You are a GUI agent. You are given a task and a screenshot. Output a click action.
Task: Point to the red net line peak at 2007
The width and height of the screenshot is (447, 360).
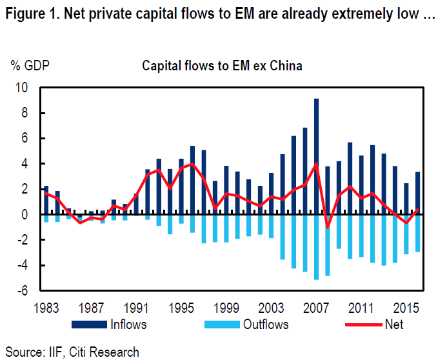[x=316, y=164]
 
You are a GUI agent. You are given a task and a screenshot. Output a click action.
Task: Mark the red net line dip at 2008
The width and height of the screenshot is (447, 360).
[x=328, y=227]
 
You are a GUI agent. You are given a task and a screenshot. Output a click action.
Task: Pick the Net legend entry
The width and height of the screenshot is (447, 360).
[x=393, y=324]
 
